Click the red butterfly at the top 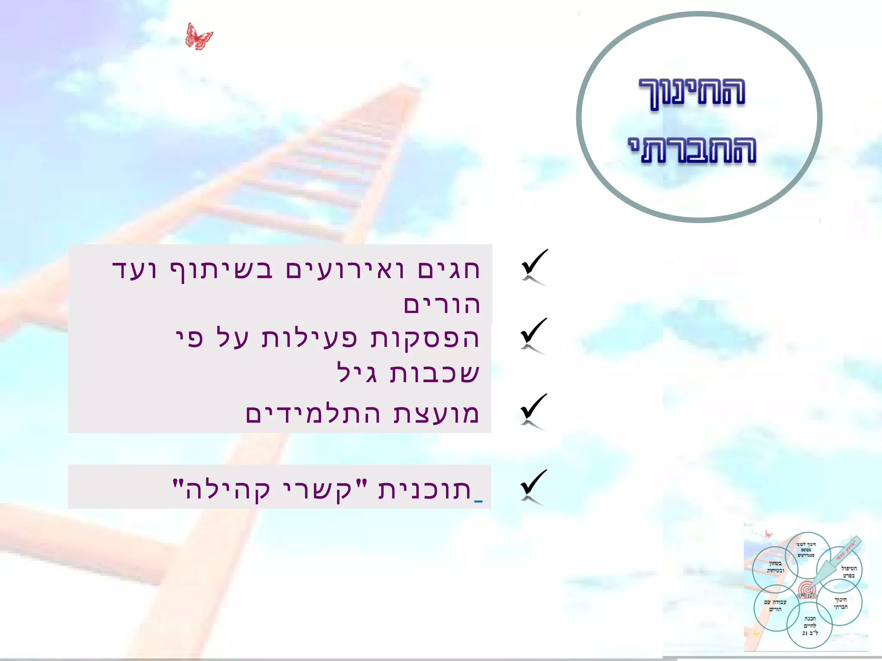(x=199, y=37)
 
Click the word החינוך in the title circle (x=692, y=93)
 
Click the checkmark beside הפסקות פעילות (x=534, y=335)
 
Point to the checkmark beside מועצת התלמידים (x=534, y=411)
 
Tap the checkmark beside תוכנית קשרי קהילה (x=534, y=487)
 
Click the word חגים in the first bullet (x=449, y=271)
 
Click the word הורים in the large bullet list (x=441, y=305)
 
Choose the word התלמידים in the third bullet (x=313, y=414)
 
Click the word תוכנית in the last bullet (x=425, y=490)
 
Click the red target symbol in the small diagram (x=806, y=590)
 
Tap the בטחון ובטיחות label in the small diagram (x=775, y=567)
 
